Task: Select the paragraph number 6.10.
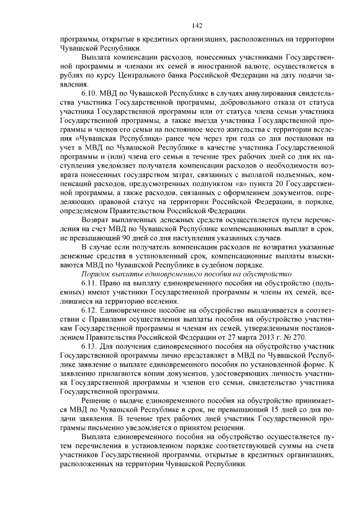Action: (x=89, y=91)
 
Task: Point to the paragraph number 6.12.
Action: (x=89, y=311)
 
